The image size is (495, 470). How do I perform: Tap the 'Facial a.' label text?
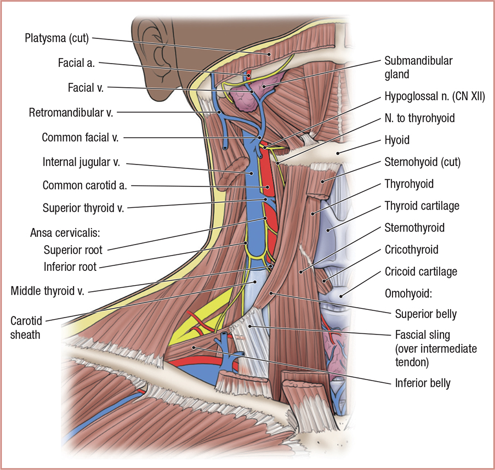(76, 63)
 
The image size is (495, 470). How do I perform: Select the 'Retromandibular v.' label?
(71, 113)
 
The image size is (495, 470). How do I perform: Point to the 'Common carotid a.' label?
(84, 185)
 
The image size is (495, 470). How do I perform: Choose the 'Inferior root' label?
(70, 267)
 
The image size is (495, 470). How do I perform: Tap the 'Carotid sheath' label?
(25, 326)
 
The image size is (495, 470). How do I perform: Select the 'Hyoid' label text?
(396, 140)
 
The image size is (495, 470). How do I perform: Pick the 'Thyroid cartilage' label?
(422, 206)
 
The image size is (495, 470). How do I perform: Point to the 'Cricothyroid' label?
(411, 250)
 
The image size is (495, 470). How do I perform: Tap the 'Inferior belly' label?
(423, 383)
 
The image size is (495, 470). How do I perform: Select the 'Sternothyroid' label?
(414, 227)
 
